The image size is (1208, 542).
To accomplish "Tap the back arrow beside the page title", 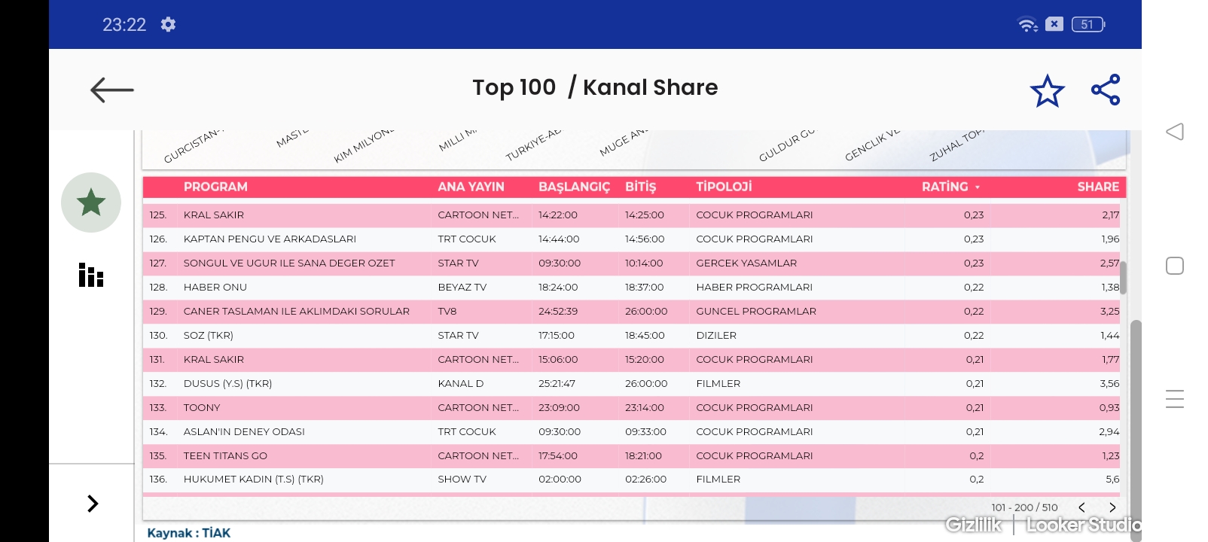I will (x=111, y=90).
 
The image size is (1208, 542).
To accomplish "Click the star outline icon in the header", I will (x=1047, y=90).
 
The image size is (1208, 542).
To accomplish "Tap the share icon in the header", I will (x=1106, y=90).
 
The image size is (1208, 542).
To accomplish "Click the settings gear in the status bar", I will (x=168, y=24).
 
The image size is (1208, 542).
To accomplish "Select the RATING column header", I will (x=945, y=187).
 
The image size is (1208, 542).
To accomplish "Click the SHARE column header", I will (x=1097, y=187).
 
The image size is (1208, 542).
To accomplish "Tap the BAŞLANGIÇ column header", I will (x=574, y=187).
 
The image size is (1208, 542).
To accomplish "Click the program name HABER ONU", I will (x=215, y=287).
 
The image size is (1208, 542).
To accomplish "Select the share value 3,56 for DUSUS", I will (x=1109, y=383).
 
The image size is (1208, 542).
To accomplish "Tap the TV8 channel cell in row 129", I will (x=447, y=311).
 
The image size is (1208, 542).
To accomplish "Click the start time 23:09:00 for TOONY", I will (x=559, y=407).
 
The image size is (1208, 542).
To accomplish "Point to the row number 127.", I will (x=158, y=263).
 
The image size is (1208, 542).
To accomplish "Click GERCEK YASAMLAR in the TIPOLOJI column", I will (x=746, y=263).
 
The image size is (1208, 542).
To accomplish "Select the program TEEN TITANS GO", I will (x=225, y=455).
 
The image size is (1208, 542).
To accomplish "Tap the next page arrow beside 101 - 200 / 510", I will (x=1112, y=507).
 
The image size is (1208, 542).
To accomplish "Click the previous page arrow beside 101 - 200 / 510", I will (x=1081, y=507).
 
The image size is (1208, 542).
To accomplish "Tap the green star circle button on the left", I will (x=91, y=202).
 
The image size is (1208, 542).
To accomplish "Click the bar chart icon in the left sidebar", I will (x=91, y=276).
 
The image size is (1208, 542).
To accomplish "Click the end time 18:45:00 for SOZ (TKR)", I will (x=645, y=335).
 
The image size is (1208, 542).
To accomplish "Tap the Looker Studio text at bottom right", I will (x=1083, y=525).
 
